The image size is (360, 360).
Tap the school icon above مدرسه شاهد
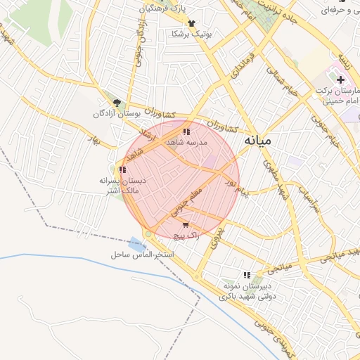tap(186, 131)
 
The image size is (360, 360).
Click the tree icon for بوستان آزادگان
tap(116, 103)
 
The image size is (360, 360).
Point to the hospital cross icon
tap(341, 80)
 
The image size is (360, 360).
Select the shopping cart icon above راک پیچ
tap(185, 225)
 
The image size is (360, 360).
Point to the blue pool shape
tap(134, 243)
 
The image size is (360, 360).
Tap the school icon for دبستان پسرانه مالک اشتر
tap(122, 169)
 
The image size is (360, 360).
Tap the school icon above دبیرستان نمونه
tap(247, 275)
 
